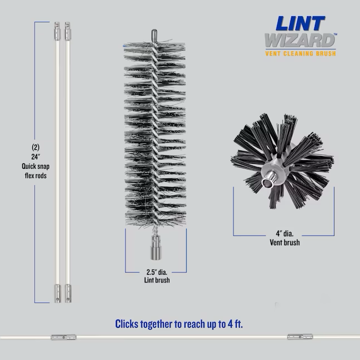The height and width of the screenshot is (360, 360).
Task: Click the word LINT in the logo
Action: tap(300, 23)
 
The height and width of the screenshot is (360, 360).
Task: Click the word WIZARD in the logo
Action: tap(300, 41)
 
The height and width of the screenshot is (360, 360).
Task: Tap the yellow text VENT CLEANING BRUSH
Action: tap(300, 53)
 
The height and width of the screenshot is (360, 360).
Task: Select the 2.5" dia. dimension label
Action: tap(157, 272)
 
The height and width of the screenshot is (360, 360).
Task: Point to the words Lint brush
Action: tap(157, 280)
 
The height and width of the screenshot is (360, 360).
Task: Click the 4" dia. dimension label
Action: tap(285, 233)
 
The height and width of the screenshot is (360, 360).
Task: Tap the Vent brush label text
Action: tap(285, 242)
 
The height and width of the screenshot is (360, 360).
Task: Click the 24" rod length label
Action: tap(36, 157)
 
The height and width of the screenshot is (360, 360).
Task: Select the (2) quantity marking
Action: tap(36, 147)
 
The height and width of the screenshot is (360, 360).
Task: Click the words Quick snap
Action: tap(36, 166)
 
